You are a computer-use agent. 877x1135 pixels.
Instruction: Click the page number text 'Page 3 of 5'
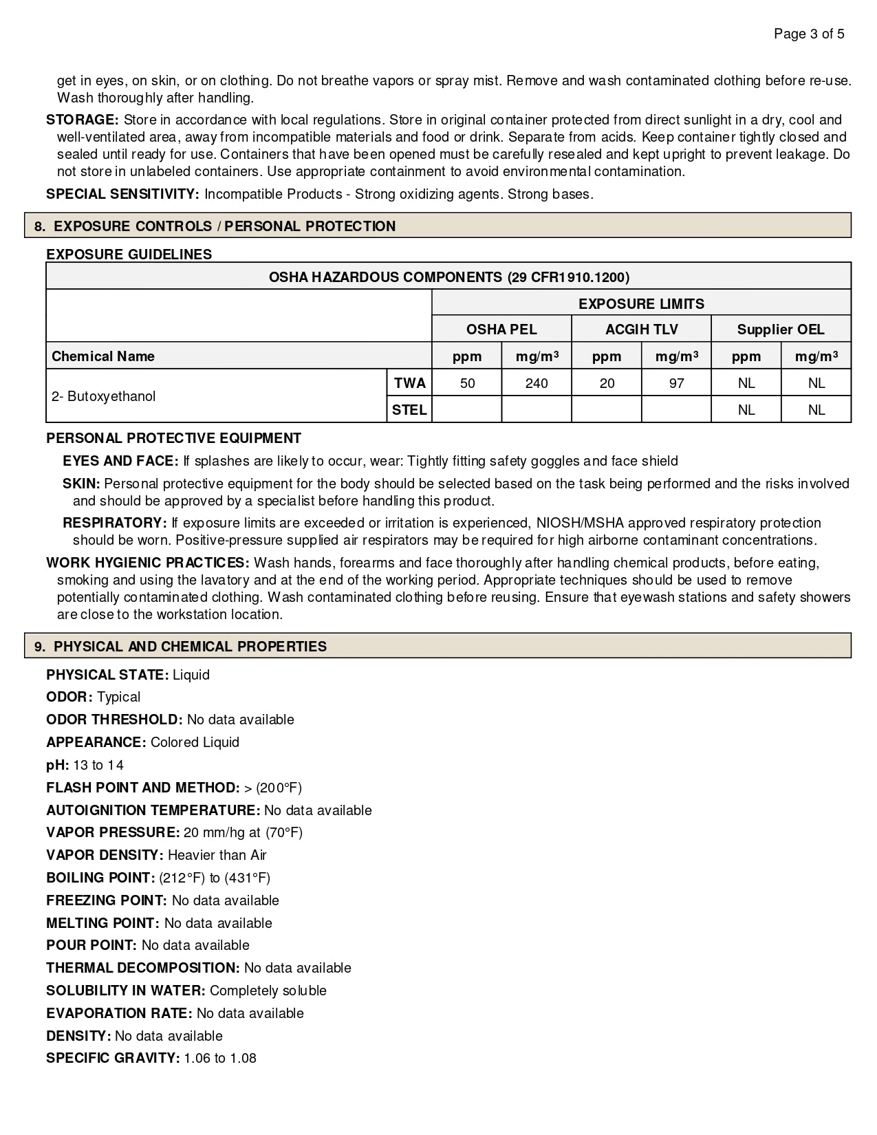[809, 34]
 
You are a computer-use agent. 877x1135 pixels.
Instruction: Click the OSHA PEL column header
[501, 329]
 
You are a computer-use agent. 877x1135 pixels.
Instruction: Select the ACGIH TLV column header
[641, 329]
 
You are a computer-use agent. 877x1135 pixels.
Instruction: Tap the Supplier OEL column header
[781, 329]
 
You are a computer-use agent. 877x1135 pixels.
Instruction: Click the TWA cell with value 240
[537, 383]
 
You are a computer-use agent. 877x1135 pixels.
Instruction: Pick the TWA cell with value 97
[676, 383]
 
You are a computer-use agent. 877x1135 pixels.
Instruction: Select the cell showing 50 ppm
[467, 383]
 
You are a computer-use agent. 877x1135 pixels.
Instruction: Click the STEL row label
[409, 410]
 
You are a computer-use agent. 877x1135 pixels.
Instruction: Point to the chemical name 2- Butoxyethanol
[104, 396]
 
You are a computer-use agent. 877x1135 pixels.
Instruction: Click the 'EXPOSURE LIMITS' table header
[641, 303]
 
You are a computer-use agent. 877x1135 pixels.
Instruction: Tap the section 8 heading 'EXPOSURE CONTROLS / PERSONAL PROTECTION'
[224, 226]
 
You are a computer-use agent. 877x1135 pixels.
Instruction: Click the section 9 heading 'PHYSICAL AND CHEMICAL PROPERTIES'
[190, 647]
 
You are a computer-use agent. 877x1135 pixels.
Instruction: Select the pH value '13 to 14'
[98, 765]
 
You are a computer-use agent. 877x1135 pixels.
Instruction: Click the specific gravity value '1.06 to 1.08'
[220, 1058]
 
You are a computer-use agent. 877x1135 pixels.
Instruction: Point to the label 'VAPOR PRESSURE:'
[113, 832]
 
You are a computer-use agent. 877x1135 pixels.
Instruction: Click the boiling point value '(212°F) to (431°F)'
[215, 878]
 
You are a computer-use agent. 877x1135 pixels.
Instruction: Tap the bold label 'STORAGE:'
[83, 120]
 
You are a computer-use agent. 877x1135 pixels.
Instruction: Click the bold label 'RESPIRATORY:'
[115, 523]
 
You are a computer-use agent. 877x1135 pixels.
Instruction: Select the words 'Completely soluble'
[268, 991]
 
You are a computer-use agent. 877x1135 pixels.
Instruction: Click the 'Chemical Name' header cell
[103, 356]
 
